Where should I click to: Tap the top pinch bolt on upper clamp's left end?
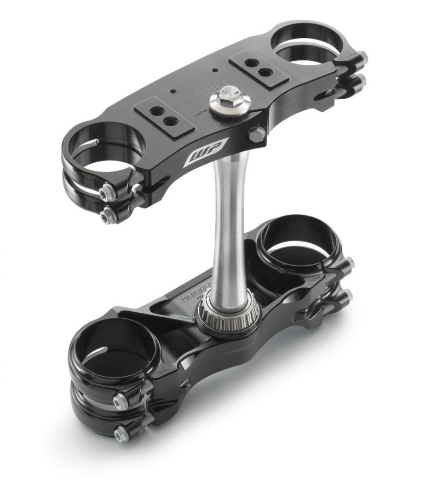[109, 190]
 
